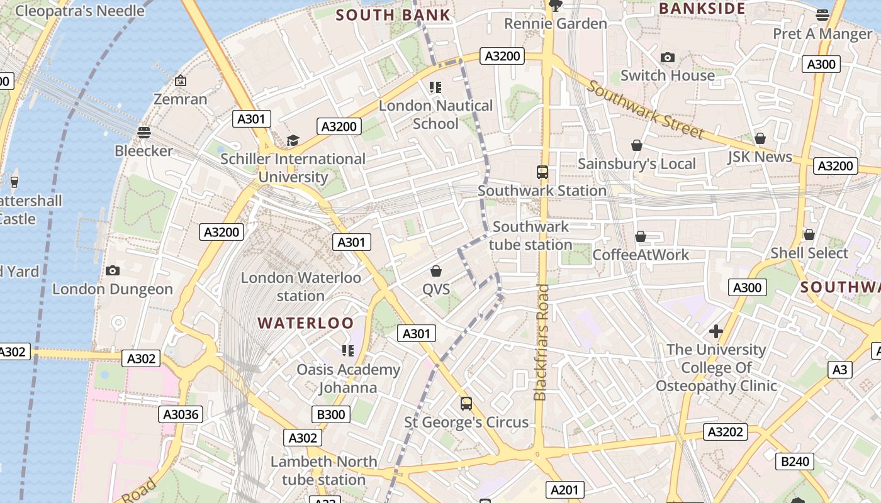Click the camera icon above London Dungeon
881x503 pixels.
113,270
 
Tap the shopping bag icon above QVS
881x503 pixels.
435,271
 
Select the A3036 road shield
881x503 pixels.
181,414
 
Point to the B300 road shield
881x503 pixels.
330,414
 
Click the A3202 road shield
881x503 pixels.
726,432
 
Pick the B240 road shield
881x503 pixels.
795,462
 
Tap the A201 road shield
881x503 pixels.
564,490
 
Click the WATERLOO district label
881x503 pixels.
306,323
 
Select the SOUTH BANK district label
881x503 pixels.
393,15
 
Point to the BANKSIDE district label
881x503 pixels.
702,9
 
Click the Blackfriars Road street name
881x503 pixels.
541,343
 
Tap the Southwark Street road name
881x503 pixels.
645,109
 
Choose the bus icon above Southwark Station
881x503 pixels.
542,172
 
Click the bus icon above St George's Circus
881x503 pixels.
466,404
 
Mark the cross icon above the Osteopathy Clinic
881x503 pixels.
715,331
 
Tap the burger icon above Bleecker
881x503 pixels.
144,132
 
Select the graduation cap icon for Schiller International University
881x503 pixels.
293,140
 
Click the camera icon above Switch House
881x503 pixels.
668,57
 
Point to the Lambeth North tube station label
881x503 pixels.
323,470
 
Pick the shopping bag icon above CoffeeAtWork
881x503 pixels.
641,236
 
